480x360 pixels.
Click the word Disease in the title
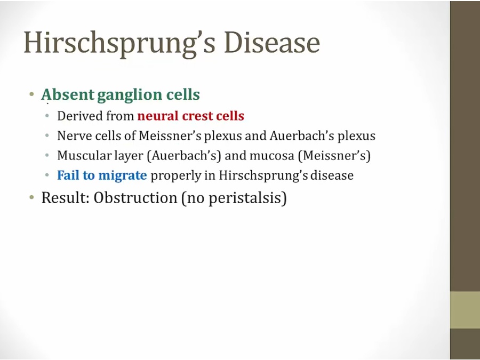pyautogui.click(x=272, y=42)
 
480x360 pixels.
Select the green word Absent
pyautogui.click(x=68, y=94)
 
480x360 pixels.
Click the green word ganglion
pyautogui.click(x=130, y=95)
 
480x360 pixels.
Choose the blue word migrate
pyautogui.click(x=123, y=175)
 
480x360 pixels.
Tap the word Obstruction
pyautogui.click(x=135, y=198)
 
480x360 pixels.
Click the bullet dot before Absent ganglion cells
pyautogui.click(x=32, y=94)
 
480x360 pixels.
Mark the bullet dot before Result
pyautogui.click(x=32, y=197)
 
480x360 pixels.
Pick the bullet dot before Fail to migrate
pyautogui.click(x=47, y=175)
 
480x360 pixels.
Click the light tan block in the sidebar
pyautogui.click(x=465, y=310)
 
